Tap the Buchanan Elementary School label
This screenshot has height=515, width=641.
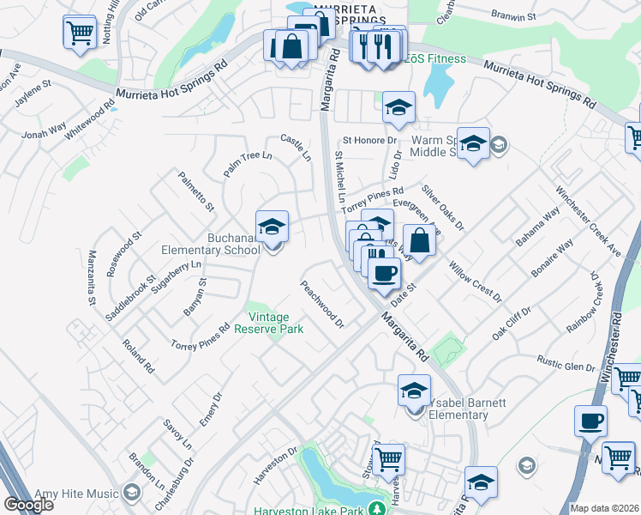click(211, 244)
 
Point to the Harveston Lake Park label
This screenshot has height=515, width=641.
click(309, 510)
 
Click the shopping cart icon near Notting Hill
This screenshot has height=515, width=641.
click(79, 33)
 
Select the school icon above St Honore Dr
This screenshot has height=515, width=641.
click(398, 107)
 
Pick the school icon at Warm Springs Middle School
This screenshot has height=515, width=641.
click(472, 143)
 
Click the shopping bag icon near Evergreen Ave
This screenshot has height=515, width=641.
click(419, 239)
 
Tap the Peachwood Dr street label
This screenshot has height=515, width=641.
click(321, 304)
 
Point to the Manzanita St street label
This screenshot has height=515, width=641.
click(91, 278)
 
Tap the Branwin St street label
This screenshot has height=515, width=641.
click(512, 15)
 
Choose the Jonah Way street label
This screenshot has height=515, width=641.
click(44, 131)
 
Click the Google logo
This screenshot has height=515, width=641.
click(28, 505)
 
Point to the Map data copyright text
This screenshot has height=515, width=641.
click(603, 508)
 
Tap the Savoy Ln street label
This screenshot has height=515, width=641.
click(177, 433)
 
